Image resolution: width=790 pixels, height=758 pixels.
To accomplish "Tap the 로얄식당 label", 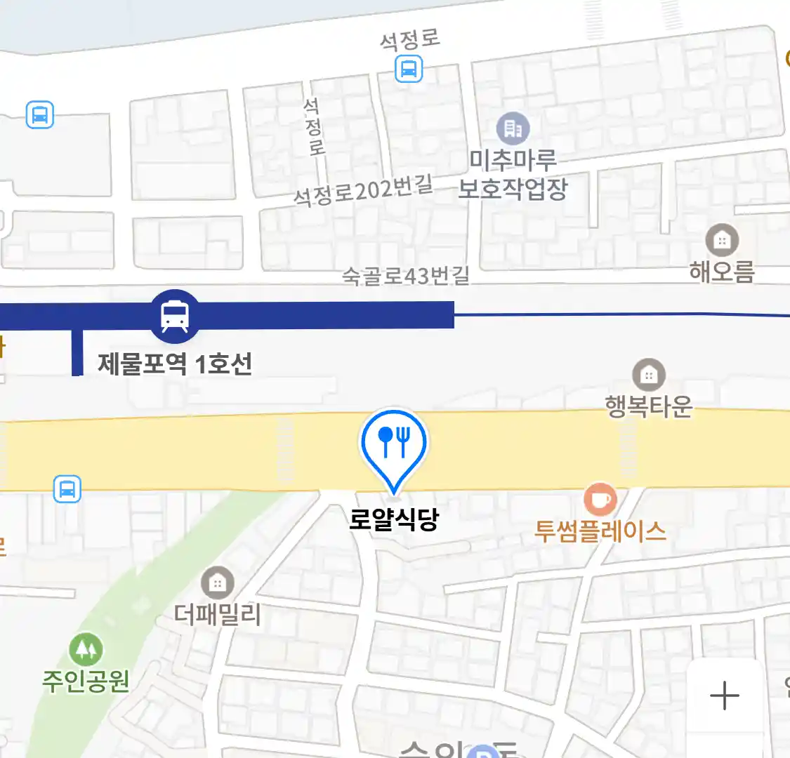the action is tap(394, 520).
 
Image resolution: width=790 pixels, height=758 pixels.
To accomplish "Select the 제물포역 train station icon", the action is tap(174, 316).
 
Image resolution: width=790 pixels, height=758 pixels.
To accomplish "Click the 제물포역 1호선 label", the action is tap(175, 364).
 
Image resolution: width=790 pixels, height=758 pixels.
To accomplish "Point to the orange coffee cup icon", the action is tap(600, 500).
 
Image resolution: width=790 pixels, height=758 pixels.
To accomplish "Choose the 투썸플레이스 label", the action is tap(600, 531).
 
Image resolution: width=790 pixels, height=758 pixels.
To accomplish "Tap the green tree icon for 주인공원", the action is tap(86, 651).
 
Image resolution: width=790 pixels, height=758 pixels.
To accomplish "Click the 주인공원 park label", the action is tap(86, 681).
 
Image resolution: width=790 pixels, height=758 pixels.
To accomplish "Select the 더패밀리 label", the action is tap(218, 615).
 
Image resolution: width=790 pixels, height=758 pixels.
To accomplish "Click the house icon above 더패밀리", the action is tap(218, 583).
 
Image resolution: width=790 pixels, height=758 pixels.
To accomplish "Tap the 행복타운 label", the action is tap(649, 406).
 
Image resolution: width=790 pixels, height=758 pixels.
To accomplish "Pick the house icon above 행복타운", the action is tap(649, 375).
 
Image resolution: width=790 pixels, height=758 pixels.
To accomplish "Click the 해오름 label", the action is tap(722, 272).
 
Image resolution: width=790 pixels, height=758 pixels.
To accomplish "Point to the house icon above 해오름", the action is tap(722, 241).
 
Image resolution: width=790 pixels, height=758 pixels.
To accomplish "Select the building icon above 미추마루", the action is tap(513, 128).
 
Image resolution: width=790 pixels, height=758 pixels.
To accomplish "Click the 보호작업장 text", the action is tap(513, 188).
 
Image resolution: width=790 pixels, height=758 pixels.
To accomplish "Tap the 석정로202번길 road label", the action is tap(362, 190).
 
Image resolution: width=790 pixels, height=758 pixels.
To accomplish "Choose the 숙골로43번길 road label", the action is tap(405, 275).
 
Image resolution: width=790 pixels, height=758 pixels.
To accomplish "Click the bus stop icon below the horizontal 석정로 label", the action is tap(409, 69).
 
